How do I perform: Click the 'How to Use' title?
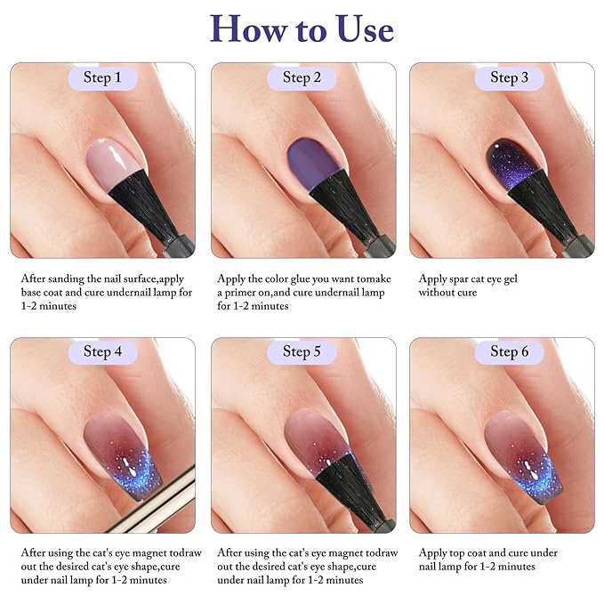tap(302, 28)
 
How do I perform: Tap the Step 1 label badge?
tap(102, 77)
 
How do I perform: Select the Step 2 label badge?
tap(302, 77)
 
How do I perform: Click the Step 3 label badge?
tap(509, 77)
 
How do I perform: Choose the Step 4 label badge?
tap(102, 351)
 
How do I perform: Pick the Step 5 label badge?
tap(302, 351)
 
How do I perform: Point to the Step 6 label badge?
tap(509, 351)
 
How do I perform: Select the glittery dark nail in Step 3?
tap(511, 153)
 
